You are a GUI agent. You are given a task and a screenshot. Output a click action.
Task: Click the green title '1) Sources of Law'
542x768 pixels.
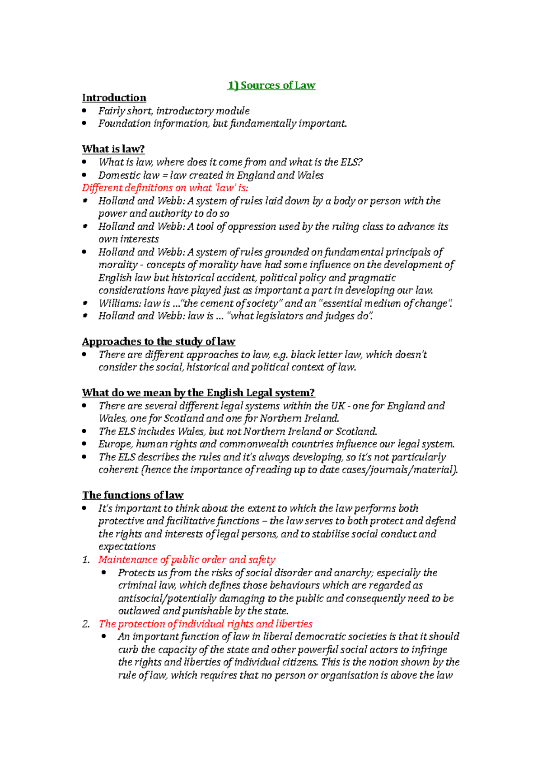(x=271, y=85)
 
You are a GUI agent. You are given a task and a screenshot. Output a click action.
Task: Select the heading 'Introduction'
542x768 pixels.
(x=114, y=98)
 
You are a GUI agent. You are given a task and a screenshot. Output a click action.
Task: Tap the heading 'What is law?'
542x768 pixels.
(x=113, y=149)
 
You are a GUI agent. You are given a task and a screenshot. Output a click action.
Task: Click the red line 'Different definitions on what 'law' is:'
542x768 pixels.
(x=165, y=188)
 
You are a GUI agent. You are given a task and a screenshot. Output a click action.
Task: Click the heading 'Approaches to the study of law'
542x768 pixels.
(x=159, y=341)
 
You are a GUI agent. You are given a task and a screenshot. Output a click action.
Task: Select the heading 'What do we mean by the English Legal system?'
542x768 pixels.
(x=198, y=393)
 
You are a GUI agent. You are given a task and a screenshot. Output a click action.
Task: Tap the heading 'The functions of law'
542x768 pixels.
(x=133, y=495)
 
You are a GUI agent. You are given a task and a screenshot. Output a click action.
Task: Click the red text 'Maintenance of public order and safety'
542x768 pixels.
(x=187, y=560)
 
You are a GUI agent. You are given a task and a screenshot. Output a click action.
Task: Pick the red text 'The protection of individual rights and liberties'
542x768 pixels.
(x=206, y=624)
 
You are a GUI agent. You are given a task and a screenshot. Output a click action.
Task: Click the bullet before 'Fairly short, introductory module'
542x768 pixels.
(x=84, y=111)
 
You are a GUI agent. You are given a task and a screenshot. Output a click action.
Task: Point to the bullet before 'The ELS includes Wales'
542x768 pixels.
(x=84, y=431)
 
